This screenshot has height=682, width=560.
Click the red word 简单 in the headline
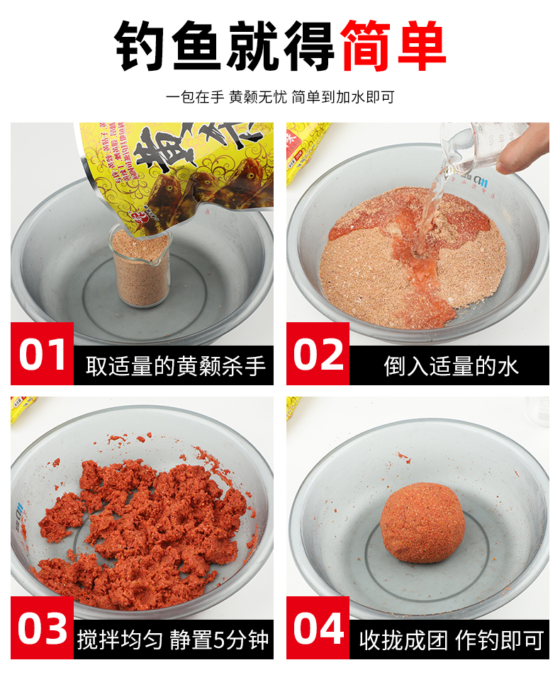pyautogui.click(x=393, y=46)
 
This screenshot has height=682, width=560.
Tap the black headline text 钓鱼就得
pyautogui.click(x=225, y=46)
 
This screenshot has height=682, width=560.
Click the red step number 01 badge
pyautogui.click(x=42, y=353)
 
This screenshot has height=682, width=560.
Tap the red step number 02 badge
pyautogui.click(x=318, y=353)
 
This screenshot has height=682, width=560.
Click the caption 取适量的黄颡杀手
pyautogui.click(x=175, y=365)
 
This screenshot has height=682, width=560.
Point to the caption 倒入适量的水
pyautogui.click(x=451, y=365)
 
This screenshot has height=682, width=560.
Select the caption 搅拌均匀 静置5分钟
pyautogui.click(x=174, y=640)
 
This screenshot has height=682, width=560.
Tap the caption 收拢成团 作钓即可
pyautogui.click(x=451, y=640)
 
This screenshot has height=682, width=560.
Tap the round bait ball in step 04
pyautogui.click(x=422, y=522)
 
